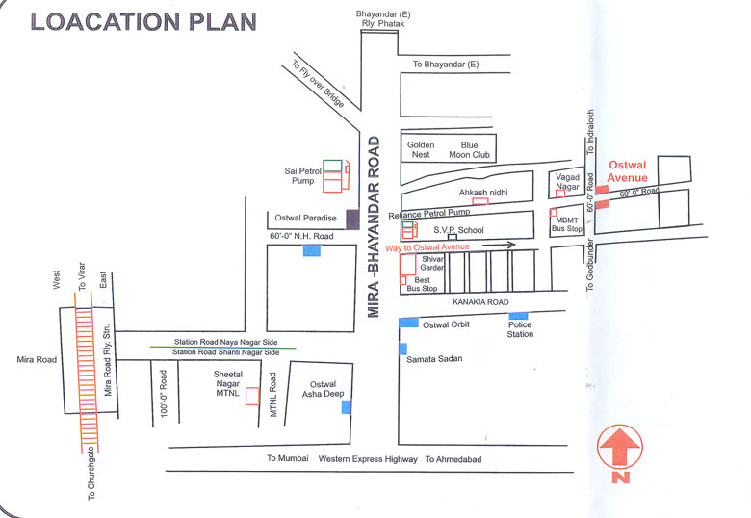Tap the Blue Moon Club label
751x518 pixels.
[x=469, y=149]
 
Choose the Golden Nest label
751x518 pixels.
[x=421, y=149]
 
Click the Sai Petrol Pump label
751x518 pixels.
[x=299, y=175]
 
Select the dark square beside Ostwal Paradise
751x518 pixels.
[x=353, y=219]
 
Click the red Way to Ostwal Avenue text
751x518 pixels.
[x=427, y=248]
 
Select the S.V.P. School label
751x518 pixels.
[x=457, y=230]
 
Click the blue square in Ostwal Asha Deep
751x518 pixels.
[x=346, y=407]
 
